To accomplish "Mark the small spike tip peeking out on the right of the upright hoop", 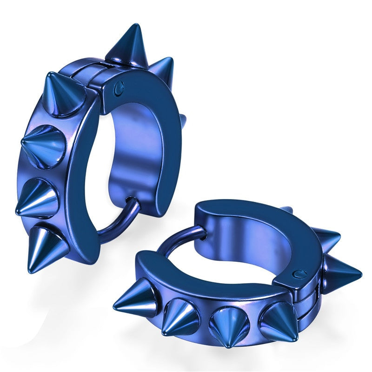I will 183,120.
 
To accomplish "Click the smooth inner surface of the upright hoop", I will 135,153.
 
